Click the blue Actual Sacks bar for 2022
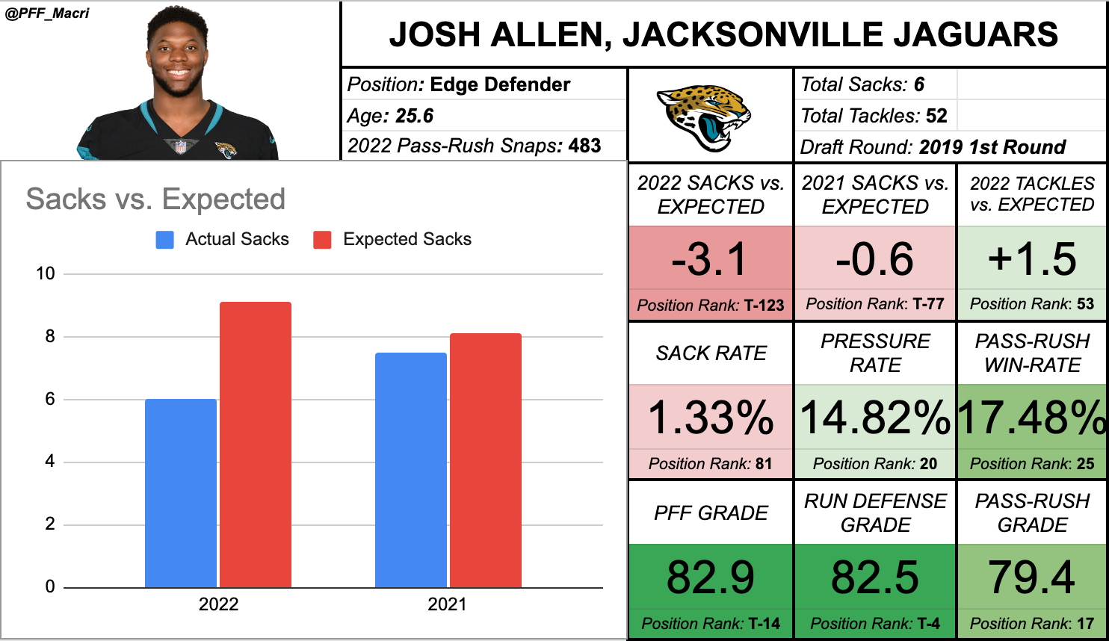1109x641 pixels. (181, 493)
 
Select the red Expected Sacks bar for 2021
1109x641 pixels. (486, 459)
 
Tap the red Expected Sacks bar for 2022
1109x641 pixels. (256, 445)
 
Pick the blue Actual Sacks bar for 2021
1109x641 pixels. (411, 469)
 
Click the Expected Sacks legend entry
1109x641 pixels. (393, 240)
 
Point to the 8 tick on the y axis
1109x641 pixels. (49, 336)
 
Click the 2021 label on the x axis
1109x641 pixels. (447, 604)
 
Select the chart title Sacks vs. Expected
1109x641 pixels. (155, 199)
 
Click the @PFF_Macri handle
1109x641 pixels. (47, 13)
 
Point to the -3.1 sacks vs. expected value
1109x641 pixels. (710, 259)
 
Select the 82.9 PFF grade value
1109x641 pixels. (710, 577)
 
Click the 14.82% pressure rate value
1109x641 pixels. (875, 418)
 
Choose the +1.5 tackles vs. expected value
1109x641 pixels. (1032, 259)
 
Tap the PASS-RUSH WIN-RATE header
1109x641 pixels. (1032, 353)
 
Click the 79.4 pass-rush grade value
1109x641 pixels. (1032, 577)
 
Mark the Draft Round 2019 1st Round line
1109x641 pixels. (933, 147)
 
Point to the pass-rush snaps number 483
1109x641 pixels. (584, 146)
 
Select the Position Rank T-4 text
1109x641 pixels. (875, 624)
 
